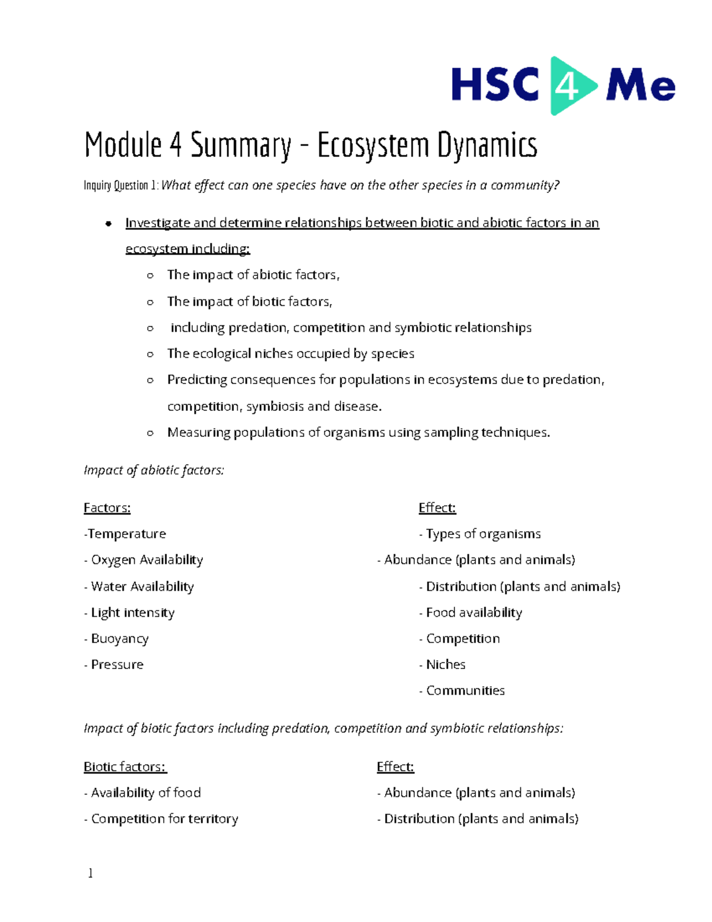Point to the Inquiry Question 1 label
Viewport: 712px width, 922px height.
pyautogui.click(x=121, y=185)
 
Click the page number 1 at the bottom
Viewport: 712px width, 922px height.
pyautogui.click(x=90, y=873)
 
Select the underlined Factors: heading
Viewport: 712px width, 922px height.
pyautogui.click(x=107, y=508)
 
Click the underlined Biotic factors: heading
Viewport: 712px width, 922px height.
pyautogui.click(x=125, y=766)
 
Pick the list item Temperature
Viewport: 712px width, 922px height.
pyautogui.click(x=126, y=534)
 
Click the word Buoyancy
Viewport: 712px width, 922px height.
pyautogui.click(x=120, y=638)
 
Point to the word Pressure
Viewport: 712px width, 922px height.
pyautogui.click(x=117, y=664)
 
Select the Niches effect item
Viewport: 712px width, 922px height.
pyautogui.click(x=446, y=664)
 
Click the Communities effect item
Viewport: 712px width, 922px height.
pyautogui.click(x=465, y=690)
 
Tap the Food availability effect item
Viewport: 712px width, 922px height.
pyautogui.click(x=473, y=612)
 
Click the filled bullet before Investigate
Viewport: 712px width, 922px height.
pyautogui.click(x=108, y=223)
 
